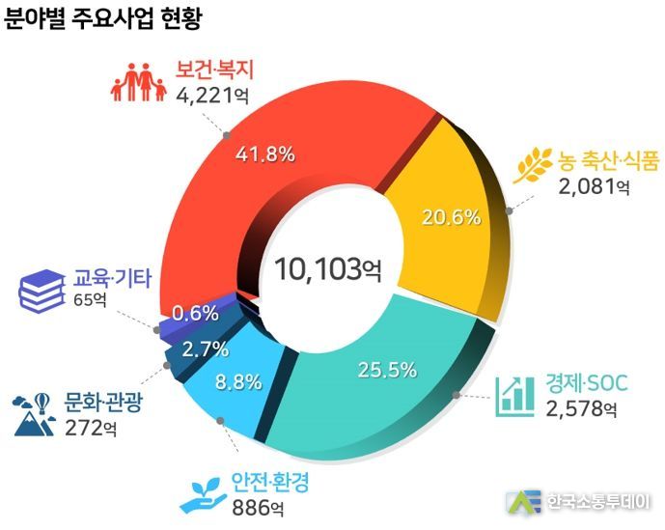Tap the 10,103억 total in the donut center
point(327,267)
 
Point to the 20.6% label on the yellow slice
point(451,216)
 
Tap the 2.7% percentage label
point(206,349)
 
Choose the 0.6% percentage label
point(196,313)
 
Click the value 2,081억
point(594,184)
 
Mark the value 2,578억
point(580,409)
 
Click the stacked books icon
point(42,290)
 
